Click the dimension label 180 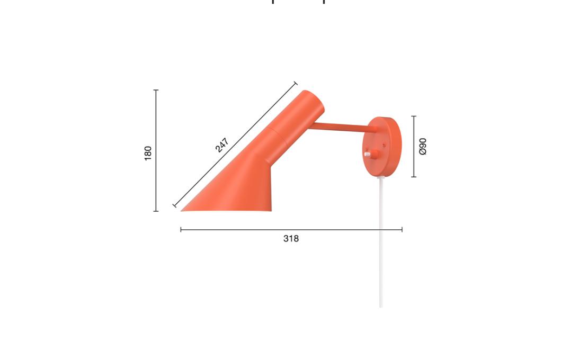click(148, 153)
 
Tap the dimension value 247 click(222, 146)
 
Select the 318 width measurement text click(291, 239)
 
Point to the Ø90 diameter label click(423, 147)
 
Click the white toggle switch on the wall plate click(367, 154)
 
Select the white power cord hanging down click(381, 242)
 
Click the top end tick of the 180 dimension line click(156, 90)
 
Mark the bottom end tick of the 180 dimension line click(156, 211)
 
